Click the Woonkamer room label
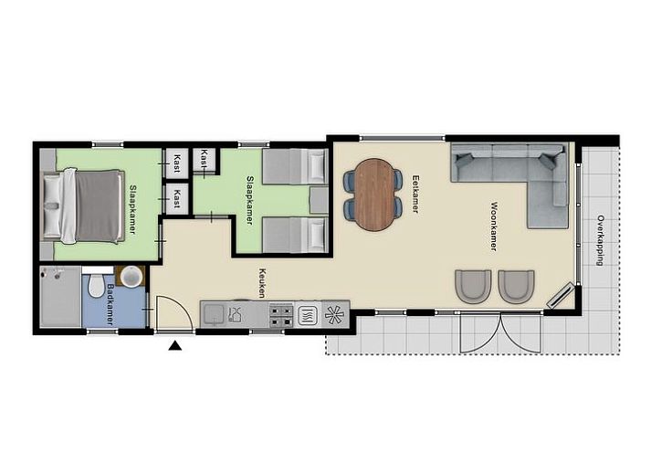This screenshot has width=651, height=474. pyautogui.click(x=494, y=226)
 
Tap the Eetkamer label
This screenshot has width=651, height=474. pyautogui.click(x=415, y=194)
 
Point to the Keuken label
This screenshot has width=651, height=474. pyautogui.click(x=262, y=283)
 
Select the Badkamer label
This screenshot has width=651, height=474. pyautogui.click(x=111, y=304)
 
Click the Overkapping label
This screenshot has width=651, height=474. pyautogui.click(x=601, y=240)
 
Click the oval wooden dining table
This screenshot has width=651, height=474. pyautogui.click(x=374, y=195)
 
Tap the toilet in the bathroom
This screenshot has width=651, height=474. pyautogui.click(x=96, y=284)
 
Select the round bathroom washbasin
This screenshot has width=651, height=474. pyautogui.click(x=131, y=276)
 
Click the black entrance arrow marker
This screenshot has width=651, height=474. pyautogui.click(x=174, y=345)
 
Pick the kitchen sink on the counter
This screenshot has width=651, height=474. pyautogui.click(x=213, y=314)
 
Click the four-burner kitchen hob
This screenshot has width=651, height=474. pyautogui.click(x=281, y=315)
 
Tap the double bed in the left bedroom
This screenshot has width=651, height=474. pyautogui.click(x=83, y=206)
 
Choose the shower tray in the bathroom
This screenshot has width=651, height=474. pyautogui.click(x=60, y=297)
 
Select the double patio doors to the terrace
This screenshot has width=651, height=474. pyautogui.click(x=500, y=332)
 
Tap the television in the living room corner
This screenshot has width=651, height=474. pyautogui.click(x=561, y=295)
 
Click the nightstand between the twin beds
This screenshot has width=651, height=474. pyautogui.click(x=319, y=201)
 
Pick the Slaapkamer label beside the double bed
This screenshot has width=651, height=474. pyautogui.click(x=133, y=209)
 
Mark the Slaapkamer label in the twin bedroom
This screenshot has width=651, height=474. pyautogui.click(x=250, y=201)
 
